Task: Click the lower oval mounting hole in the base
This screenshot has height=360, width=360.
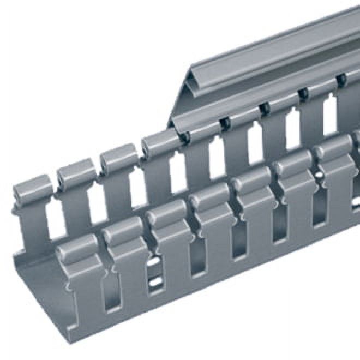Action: pyautogui.click(x=155, y=283)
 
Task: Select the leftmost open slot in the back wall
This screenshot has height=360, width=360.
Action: pyautogui.click(x=55, y=221)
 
